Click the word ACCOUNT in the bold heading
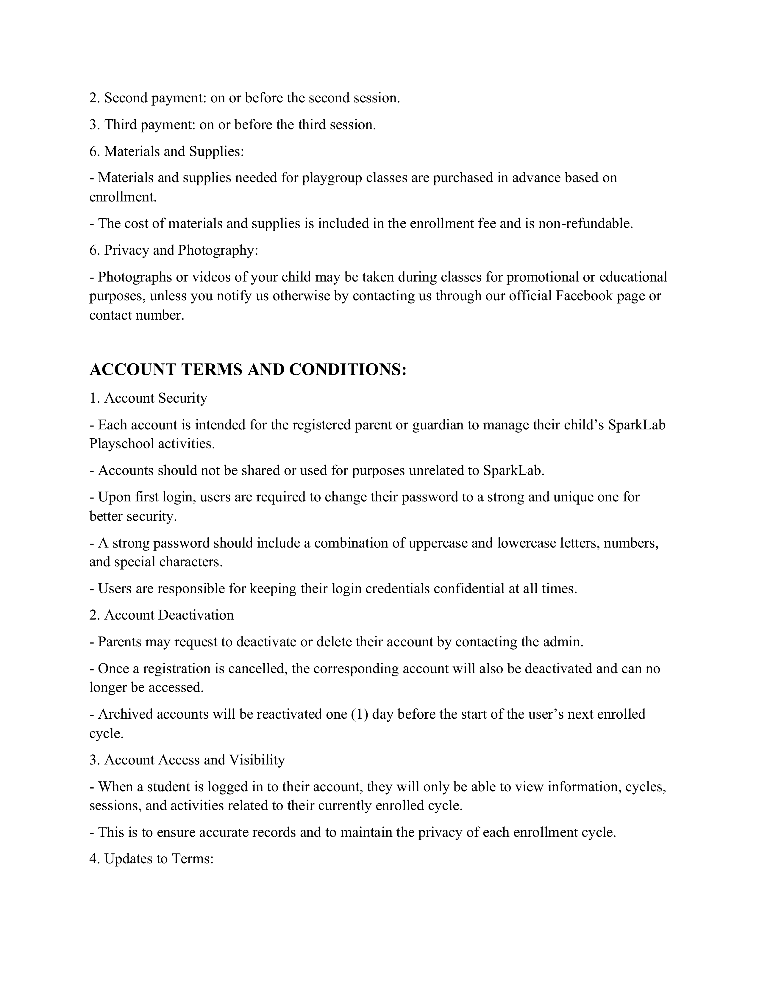(133, 370)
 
